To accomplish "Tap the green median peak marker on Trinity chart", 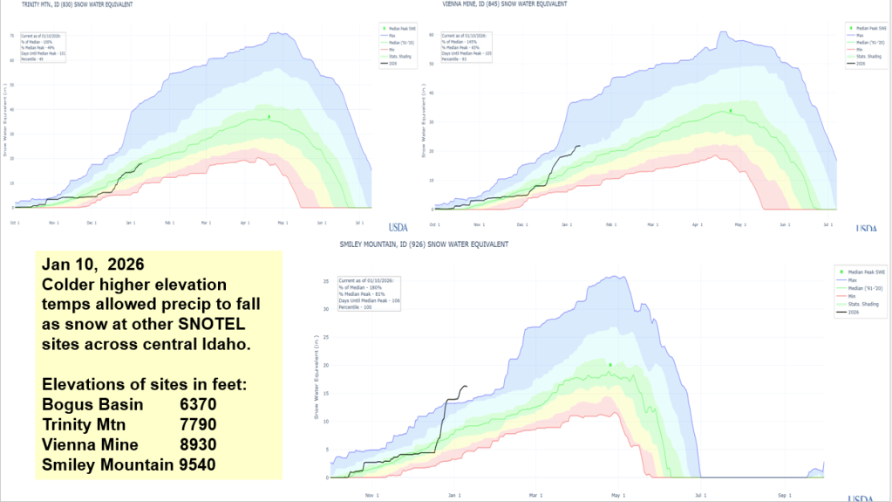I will click(x=269, y=116).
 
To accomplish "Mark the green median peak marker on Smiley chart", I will click(x=610, y=365).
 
